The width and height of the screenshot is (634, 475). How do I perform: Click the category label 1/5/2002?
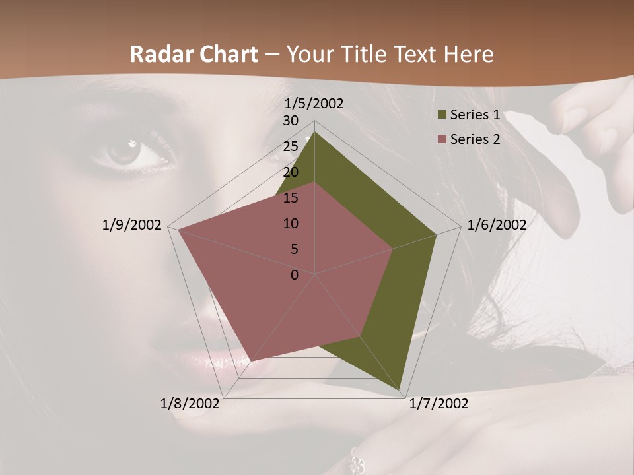314,104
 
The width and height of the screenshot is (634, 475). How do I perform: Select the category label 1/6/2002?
497,225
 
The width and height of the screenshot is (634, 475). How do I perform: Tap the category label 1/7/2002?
439,404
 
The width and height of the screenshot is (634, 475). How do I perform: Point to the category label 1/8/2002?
190,404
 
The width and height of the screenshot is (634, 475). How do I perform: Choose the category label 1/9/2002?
131,225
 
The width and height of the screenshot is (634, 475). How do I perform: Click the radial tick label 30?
291,121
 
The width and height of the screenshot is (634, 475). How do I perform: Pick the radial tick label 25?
291,146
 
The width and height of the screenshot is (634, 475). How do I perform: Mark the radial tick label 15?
291,198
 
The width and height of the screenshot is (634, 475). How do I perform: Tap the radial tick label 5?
294,249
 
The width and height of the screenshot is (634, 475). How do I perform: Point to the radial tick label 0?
295,275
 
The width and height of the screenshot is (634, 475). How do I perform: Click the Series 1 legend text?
475,115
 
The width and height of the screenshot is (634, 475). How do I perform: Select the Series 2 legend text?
475,139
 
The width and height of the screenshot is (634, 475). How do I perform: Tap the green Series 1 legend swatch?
442,115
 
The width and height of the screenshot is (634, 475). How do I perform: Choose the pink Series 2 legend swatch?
442,139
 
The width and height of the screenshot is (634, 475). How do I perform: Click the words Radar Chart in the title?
194,54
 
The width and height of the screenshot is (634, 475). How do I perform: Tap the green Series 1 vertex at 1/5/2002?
315,133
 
